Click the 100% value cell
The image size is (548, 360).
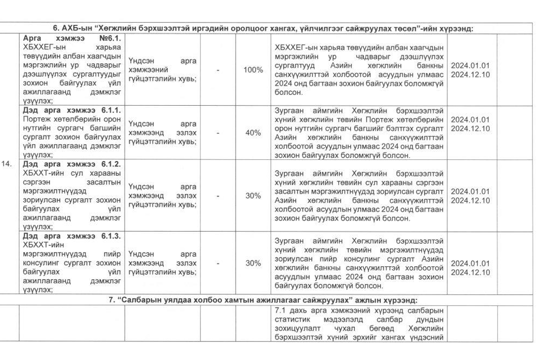point(253,70)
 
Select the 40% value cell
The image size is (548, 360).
point(253,133)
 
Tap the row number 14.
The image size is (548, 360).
point(10,168)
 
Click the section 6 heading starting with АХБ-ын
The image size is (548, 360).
point(263,28)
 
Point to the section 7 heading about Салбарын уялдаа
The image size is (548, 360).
point(263,300)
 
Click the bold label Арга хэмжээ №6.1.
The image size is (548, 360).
point(73,38)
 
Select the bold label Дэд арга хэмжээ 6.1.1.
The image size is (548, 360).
point(73,110)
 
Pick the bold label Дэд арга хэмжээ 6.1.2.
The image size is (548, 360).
point(73,164)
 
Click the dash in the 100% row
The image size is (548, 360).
point(218,70)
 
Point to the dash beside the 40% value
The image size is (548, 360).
point(218,133)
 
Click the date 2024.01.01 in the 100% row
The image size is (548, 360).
point(470,65)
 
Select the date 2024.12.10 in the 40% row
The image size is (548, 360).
point(470,129)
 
